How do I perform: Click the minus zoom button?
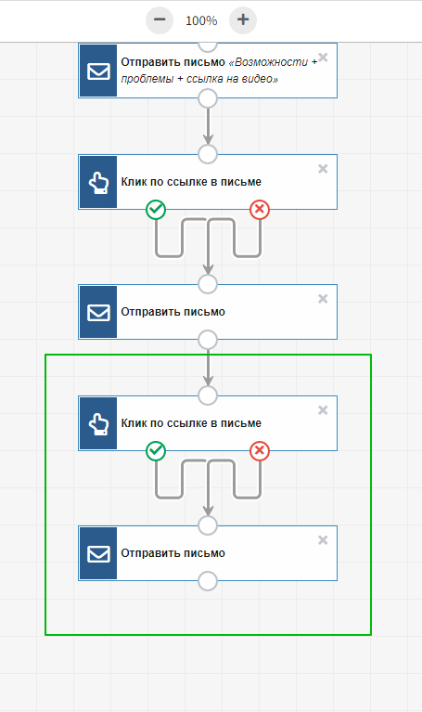point(160,20)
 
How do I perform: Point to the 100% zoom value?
point(201,20)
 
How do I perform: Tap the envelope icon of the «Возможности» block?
point(98,71)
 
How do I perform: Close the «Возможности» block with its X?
point(323,58)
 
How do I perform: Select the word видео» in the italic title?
point(260,79)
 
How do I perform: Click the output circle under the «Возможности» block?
point(208,98)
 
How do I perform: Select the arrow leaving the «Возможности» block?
point(208,125)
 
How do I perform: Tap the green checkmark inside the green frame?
point(156,450)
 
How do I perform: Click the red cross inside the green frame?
point(260,450)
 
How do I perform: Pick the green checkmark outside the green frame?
point(156,210)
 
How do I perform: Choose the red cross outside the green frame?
point(260,210)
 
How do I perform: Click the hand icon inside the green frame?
point(98,423)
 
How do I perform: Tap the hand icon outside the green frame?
point(98,182)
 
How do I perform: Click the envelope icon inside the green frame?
point(98,553)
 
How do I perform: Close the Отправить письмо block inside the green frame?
point(323,540)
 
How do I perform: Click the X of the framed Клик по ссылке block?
point(323,410)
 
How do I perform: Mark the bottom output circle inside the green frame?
point(208,581)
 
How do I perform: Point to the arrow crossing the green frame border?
point(208,368)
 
